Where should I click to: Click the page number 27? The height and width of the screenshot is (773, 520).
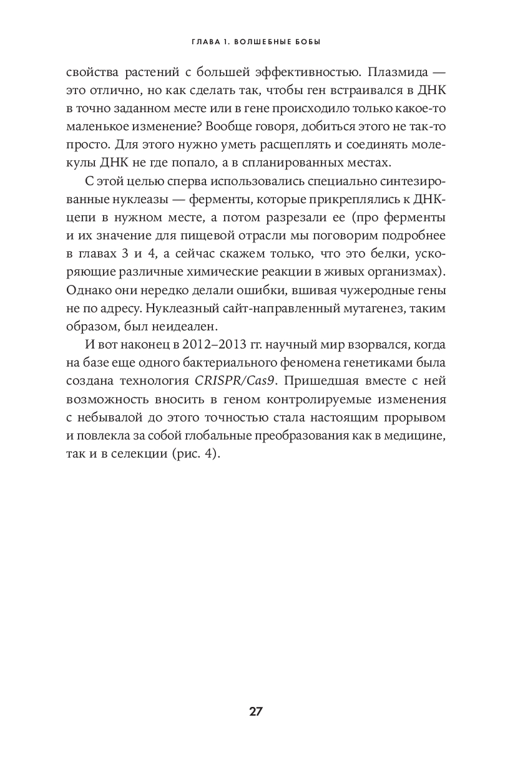(x=256, y=711)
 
